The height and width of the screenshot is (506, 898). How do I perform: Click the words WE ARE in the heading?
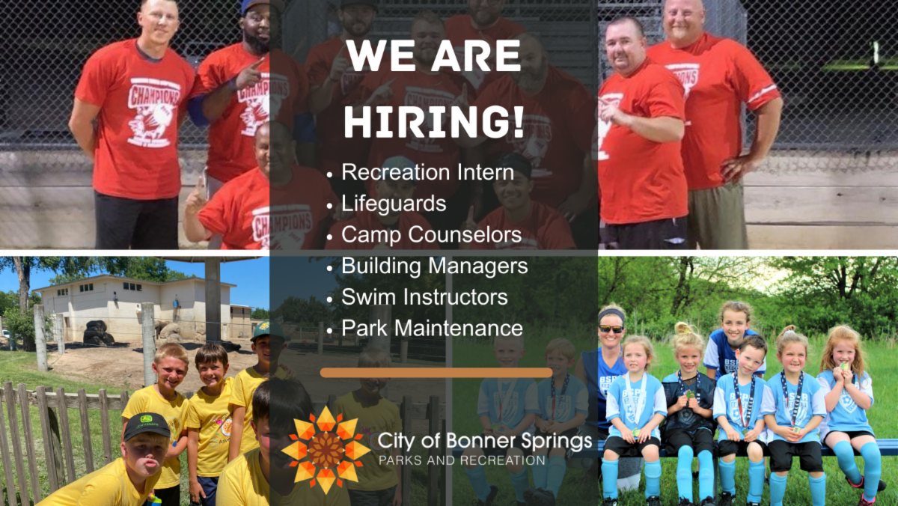[x=433, y=57]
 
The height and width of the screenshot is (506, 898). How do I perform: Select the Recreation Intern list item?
[x=427, y=172]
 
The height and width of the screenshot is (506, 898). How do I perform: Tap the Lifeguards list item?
[x=394, y=203]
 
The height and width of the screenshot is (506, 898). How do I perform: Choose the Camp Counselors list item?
[x=431, y=234]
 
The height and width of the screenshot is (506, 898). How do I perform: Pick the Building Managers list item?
[x=434, y=266]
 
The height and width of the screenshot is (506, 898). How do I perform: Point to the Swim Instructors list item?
[x=424, y=296]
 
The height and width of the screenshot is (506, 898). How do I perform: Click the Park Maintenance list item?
[x=432, y=327]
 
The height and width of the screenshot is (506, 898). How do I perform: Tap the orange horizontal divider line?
[x=436, y=372]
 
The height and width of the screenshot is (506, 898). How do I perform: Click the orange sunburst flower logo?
[x=326, y=450]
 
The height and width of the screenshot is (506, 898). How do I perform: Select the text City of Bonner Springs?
[x=484, y=441]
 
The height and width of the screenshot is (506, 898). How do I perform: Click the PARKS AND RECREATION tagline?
[x=462, y=460]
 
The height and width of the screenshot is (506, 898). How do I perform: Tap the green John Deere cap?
[x=147, y=425]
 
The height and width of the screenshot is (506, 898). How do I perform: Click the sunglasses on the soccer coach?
[x=611, y=329]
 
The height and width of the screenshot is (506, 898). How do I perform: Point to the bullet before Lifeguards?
[x=330, y=205]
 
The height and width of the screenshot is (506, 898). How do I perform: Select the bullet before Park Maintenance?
[x=330, y=329]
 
